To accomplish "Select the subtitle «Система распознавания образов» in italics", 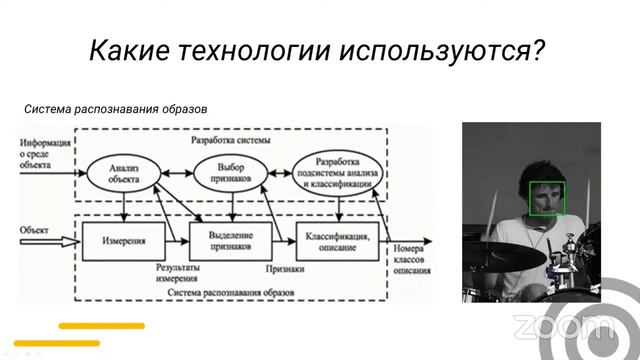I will (115, 110).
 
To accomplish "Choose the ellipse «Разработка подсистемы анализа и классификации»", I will (340, 172).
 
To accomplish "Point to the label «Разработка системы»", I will (234, 140).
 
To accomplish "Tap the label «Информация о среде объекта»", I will (44, 157).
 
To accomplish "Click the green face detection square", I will (548, 197).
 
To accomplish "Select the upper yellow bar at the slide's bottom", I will (101, 325).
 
